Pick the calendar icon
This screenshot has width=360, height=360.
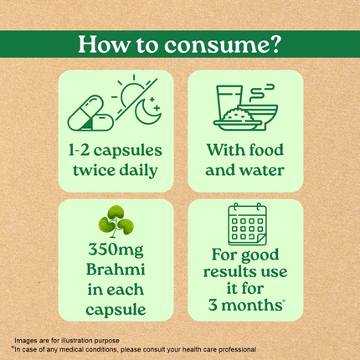click(246, 225)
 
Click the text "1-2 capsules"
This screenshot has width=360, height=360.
click(116, 151)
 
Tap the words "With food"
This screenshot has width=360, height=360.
click(244, 151)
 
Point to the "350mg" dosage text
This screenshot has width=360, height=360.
click(116, 251)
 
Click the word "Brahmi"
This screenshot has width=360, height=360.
click(116, 270)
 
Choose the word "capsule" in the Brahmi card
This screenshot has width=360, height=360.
click(116, 309)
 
